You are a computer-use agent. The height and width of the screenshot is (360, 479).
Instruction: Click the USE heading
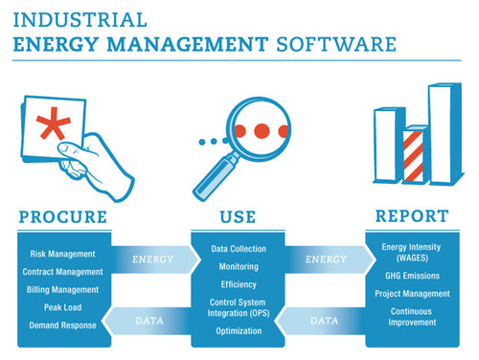239,217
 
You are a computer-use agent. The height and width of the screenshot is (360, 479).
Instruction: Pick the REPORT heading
412,217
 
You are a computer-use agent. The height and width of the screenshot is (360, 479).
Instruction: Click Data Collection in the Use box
239,250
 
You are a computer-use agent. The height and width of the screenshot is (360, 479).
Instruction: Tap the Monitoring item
239,267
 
